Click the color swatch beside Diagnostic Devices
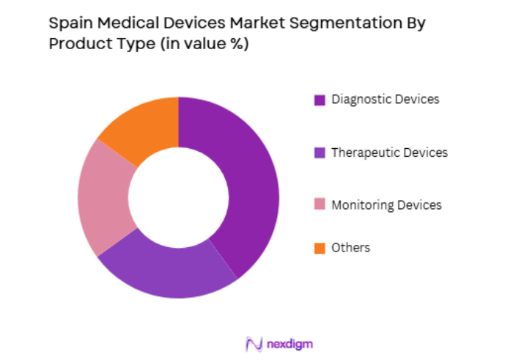320,100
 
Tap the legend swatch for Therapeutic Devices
320,153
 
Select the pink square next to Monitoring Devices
320,206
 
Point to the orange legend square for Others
320,249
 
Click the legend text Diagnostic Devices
385,100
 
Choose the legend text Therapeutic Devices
388,153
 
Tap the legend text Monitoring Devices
386,205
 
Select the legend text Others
350,248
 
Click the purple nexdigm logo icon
254,342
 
